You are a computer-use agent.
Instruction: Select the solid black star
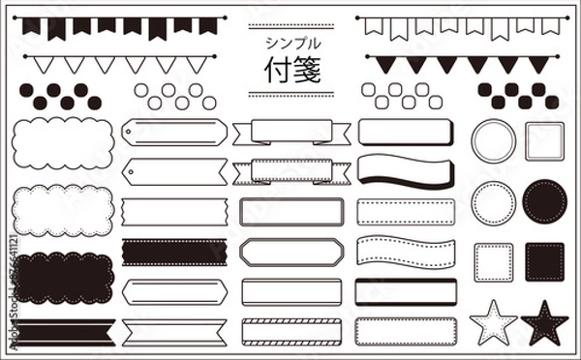(x=544, y=321)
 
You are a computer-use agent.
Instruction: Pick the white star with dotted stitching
(x=493, y=321)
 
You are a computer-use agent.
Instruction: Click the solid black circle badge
(x=544, y=201)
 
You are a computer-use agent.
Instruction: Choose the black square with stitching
(x=544, y=261)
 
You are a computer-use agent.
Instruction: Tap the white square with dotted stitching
(x=493, y=261)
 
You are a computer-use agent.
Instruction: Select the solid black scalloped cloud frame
(x=64, y=276)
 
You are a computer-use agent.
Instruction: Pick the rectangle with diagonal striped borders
(x=290, y=330)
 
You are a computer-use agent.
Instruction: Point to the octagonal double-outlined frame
(x=290, y=252)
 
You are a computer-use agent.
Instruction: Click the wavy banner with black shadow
(x=405, y=170)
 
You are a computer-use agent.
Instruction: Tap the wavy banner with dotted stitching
(x=405, y=252)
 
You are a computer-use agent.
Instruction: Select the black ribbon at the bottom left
(x=64, y=331)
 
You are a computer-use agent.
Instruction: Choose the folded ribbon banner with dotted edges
(x=290, y=170)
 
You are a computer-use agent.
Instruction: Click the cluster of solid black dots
(x=60, y=95)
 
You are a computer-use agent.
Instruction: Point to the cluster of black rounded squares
(x=517, y=95)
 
